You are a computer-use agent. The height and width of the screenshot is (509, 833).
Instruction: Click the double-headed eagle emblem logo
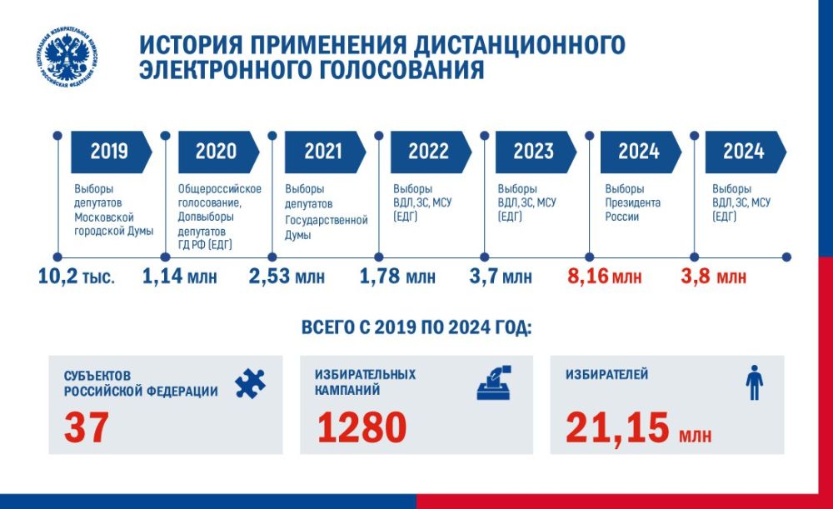(68, 57)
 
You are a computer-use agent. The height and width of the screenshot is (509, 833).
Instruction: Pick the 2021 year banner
(324, 151)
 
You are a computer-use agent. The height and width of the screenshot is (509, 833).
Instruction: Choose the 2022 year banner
(430, 151)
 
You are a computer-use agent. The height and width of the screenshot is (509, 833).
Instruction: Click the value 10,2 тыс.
(77, 276)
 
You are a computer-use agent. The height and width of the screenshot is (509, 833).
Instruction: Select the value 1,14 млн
(180, 276)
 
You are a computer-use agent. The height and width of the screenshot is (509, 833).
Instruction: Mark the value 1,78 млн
(397, 276)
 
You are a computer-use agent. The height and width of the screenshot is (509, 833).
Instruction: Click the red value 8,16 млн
(604, 276)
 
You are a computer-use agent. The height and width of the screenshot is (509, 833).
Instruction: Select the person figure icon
(753, 383)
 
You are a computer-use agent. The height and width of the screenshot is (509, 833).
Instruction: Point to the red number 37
(87, 428)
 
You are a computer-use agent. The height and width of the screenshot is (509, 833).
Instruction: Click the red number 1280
(362, 428)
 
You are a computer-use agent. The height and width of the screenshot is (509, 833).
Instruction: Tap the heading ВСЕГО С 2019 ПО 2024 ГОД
(416, 328)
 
